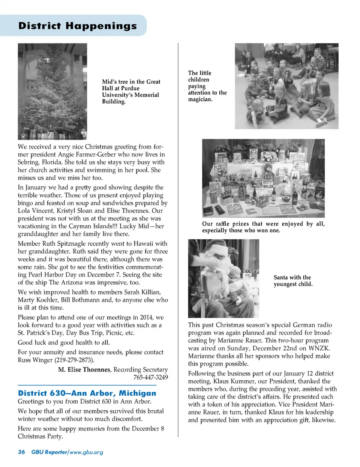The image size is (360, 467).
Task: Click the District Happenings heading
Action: coord(78,26)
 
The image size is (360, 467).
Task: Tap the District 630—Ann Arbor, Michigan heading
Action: coord(87,393)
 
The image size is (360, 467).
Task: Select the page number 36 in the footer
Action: coord(21,452)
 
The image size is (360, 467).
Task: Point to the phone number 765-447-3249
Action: coord(151,377)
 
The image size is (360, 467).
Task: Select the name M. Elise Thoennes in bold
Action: coord(84,369)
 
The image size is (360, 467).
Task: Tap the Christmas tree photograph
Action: coord(52,91)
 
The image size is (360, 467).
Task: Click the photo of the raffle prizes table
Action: coord(263,178)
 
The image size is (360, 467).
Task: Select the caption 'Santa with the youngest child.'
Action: coord(293,281)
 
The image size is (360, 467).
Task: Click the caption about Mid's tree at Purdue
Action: coord(131,92)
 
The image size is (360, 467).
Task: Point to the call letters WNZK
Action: coord(319,348)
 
